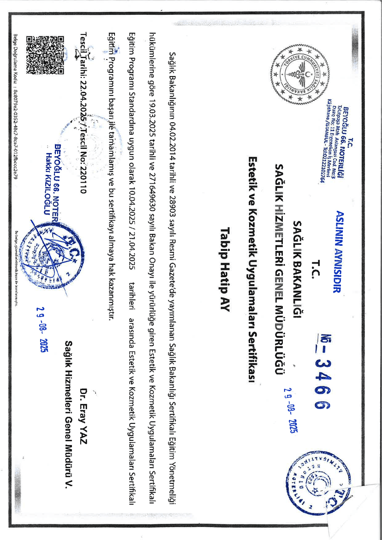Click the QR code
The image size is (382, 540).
[x=45, y=55]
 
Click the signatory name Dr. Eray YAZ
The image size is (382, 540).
[x=84, y=411]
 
